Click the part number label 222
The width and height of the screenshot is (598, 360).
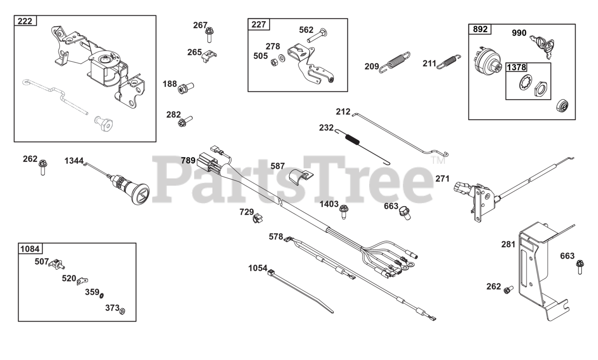pos(26,21)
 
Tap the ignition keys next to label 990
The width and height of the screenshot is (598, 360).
pos(542,44)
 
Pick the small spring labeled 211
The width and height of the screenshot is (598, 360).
pos(449,62)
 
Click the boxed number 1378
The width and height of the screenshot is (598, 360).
pos(517,67)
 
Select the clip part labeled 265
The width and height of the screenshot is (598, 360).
pos(209,56)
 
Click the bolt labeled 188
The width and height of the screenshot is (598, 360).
pos(186,87)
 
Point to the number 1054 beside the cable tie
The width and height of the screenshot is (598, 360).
pos(257,268)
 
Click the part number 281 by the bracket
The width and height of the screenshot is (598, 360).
pos(508,244)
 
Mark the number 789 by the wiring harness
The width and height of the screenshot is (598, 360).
pos(188,160)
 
